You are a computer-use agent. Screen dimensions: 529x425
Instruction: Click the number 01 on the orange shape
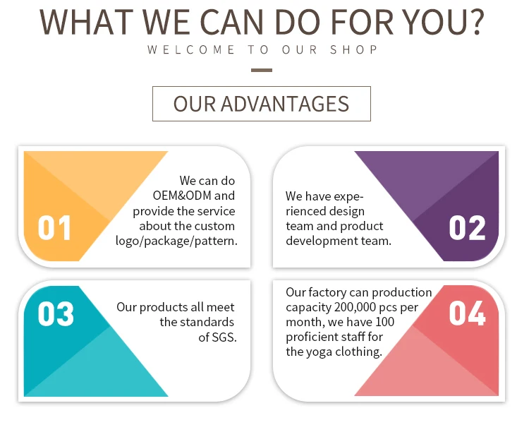[x=54, y=228]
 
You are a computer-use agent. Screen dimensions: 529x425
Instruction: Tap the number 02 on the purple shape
[x=467, y=228]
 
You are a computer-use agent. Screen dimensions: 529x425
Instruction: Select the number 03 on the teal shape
[x=56, y=314]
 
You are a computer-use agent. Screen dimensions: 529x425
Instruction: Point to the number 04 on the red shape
[x=467, y=313]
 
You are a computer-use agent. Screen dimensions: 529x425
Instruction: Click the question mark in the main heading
[x=476, y=22]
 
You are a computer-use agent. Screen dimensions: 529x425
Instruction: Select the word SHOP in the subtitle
[x=353, y=49]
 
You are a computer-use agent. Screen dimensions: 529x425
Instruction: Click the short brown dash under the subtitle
[x=262, y=70]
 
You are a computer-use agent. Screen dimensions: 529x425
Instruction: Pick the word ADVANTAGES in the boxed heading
[x=285, y=104]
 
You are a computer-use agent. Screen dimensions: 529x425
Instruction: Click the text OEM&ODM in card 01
[x=182, y=196]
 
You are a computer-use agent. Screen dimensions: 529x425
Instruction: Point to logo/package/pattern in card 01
[x=176, y=241]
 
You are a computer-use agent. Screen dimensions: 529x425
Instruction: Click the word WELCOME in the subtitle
[x=191, y=49]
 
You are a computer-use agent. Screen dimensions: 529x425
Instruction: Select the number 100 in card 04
[x=384, y=322]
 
